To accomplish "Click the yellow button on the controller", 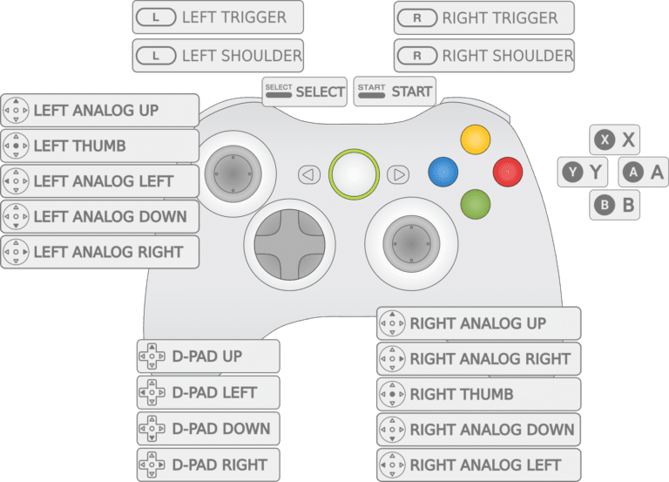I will coord(476,139).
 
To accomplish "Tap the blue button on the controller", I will coord(443,172).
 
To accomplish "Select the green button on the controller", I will coord(476,204).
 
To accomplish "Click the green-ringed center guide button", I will coord(354,173).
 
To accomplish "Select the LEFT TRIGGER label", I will coord(218,17).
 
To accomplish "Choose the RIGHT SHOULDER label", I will coord(484,56).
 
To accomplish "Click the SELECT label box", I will coord(305,92).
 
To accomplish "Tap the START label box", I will coord(395,92).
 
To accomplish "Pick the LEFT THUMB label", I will coord(100,146).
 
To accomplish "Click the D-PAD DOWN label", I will coord(208,429).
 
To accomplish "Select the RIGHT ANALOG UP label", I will coord(478,323).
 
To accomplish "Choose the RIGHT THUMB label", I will coord(478,394).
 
